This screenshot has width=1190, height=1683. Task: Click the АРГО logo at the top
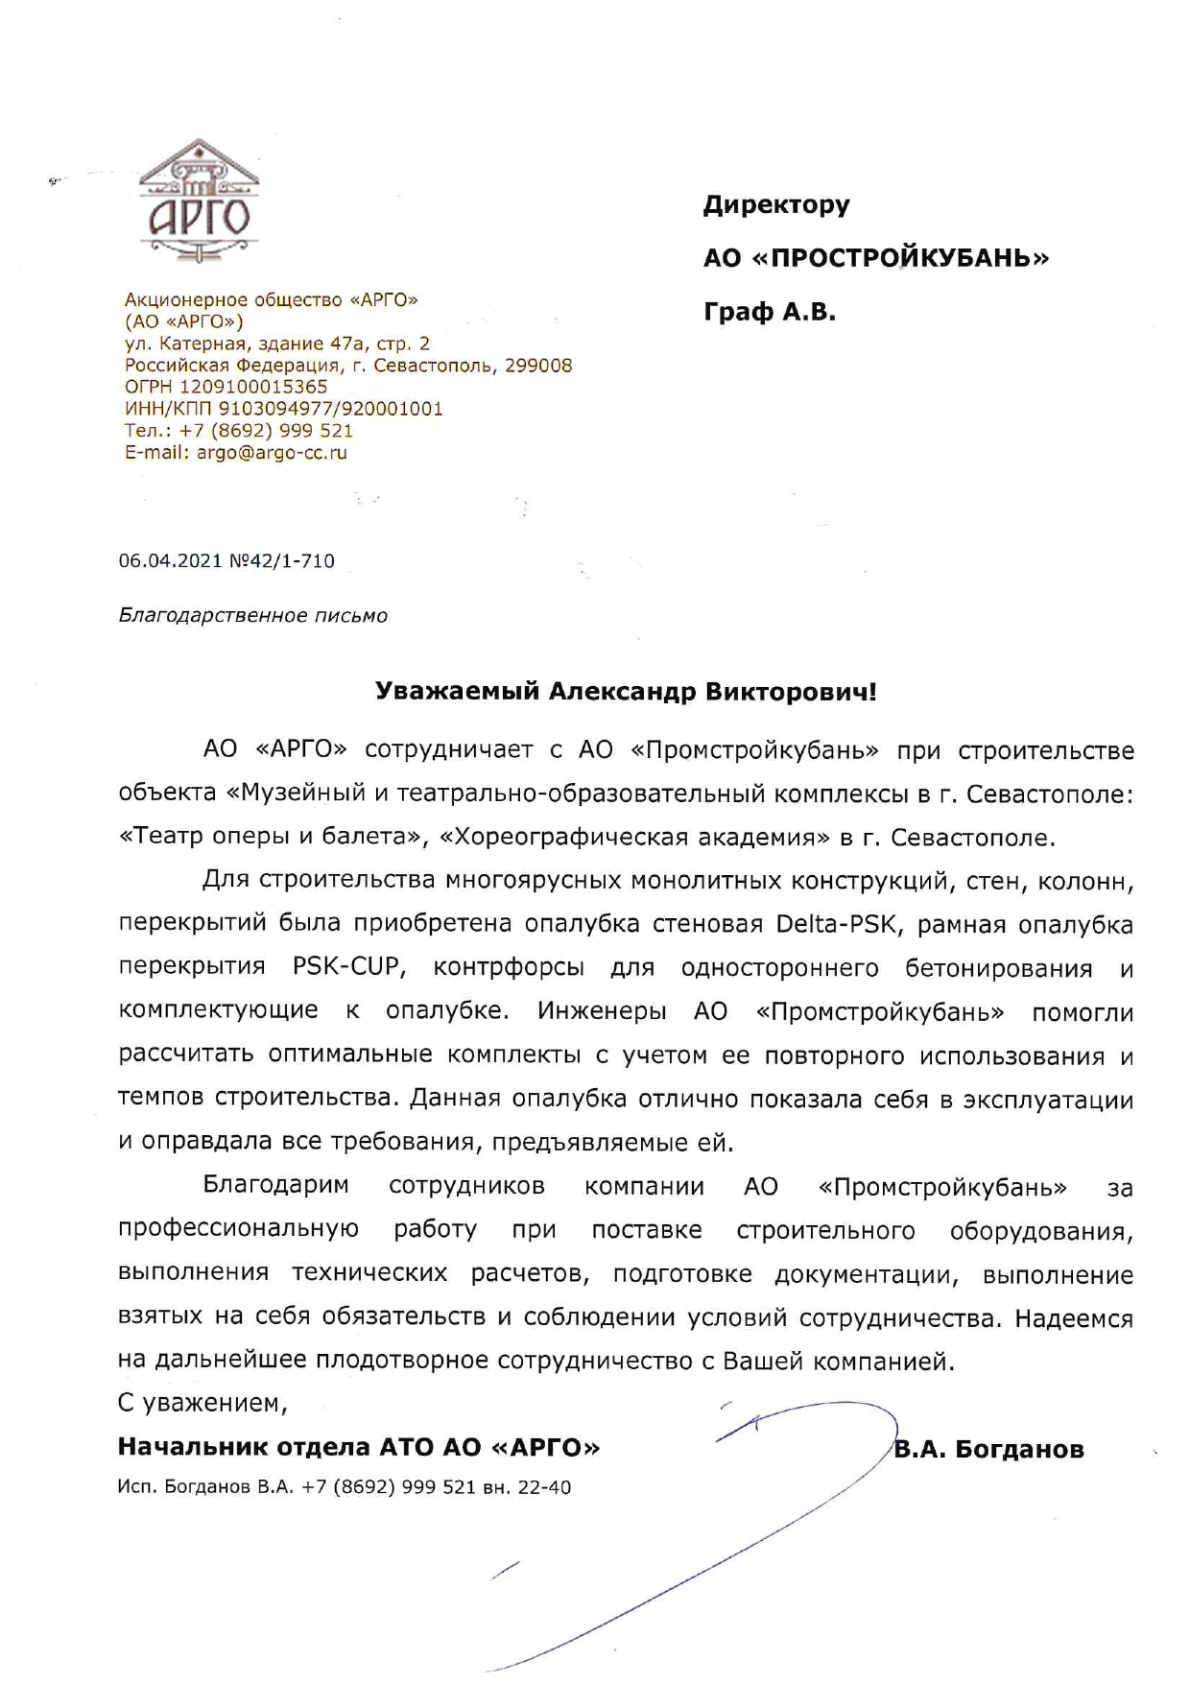pos(200,200)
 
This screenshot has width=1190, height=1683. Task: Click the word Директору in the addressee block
pos(776,204)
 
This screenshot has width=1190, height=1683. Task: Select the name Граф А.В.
pos(770,312)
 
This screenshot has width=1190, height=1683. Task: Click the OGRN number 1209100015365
pos(253,387)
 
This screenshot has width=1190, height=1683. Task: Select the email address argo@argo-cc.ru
pos(272,453)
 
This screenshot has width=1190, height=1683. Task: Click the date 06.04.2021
pos(170,561)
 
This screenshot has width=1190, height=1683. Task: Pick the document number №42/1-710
pos(282,561)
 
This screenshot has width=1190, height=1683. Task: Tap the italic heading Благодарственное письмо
pos(253,616)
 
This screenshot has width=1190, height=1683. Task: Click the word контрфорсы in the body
pos(509,967)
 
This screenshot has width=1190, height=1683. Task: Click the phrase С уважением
pos(202,1404)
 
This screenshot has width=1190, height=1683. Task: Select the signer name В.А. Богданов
pos(988,1449)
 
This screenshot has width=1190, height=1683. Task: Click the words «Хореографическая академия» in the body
pos(634,838)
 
